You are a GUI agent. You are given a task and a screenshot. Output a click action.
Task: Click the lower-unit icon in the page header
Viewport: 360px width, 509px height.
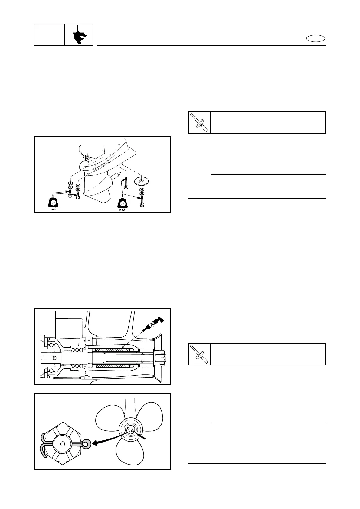coord(79,35)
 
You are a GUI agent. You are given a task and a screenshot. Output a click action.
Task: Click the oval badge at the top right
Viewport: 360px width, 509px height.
coord(316,38)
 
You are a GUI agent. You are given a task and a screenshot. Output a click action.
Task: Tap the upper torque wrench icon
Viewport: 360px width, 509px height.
coord(199,122)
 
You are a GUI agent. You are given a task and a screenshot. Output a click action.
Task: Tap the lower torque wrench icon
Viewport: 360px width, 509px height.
coord(199,354)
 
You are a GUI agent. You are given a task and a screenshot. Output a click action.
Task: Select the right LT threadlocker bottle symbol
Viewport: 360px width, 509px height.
coord(122,201)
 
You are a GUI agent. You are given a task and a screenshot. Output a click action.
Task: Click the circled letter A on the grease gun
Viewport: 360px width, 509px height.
coord(152,324)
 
